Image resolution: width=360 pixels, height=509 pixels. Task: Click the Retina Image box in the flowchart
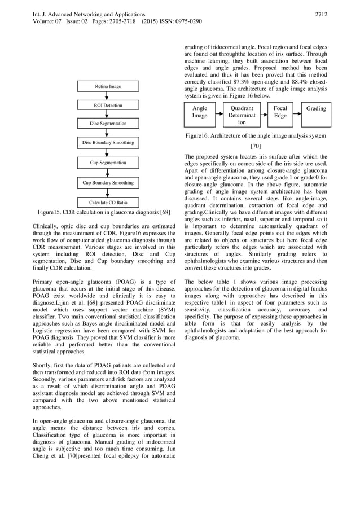pyautogui.click(x=108, y=86)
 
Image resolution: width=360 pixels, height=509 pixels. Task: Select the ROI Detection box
pyautogui.click(x=108, y=106)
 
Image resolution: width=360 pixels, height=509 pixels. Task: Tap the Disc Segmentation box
pyautogui.click(x=108, y=123)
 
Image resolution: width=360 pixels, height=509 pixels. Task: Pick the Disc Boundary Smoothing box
pyautogui.click(x=108, y=143)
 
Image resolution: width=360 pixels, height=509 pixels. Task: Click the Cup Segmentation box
pyautogui.click(x=108, y=163)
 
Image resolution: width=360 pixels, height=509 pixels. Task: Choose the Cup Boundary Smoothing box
pyautogui.click(x=108, y=183)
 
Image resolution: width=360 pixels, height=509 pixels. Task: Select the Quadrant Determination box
pyautogui.click(x=242, y=115)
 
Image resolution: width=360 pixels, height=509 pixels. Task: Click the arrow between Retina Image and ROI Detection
pyautogui.click(x=108, y=96)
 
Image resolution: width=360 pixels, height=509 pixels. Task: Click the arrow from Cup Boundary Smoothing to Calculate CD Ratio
pyautogui.click(x=108, y=193)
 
